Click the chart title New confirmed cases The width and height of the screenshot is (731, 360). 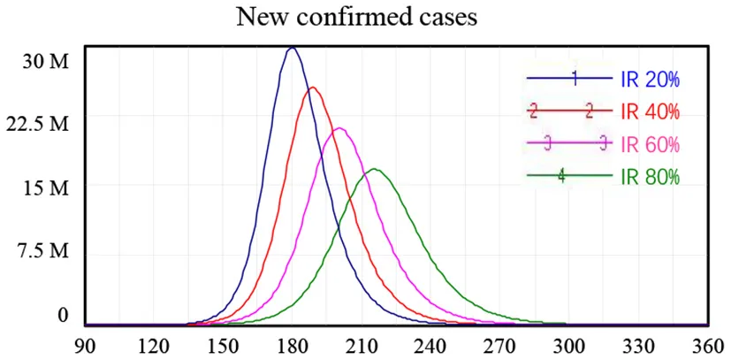click(x=364, y=18)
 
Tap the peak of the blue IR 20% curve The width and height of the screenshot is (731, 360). click(x=292, y=48)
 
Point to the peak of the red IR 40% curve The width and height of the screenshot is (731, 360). click(x=312, y=88)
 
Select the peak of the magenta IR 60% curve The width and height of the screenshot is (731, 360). click(x=339, y=128)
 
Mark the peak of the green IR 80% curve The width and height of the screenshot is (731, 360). click(x=375, y=169)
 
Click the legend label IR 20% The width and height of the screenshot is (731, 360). click(x=650, y=80)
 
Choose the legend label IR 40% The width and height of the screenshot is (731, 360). click(x=650, y=111)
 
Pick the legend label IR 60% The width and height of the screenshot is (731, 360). click(x=650, y=143)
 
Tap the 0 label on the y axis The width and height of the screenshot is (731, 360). click(x=63, y=315)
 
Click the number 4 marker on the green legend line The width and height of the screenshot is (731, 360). click(x=561, y=175)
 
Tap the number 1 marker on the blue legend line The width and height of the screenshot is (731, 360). click(x=575, y=79)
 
